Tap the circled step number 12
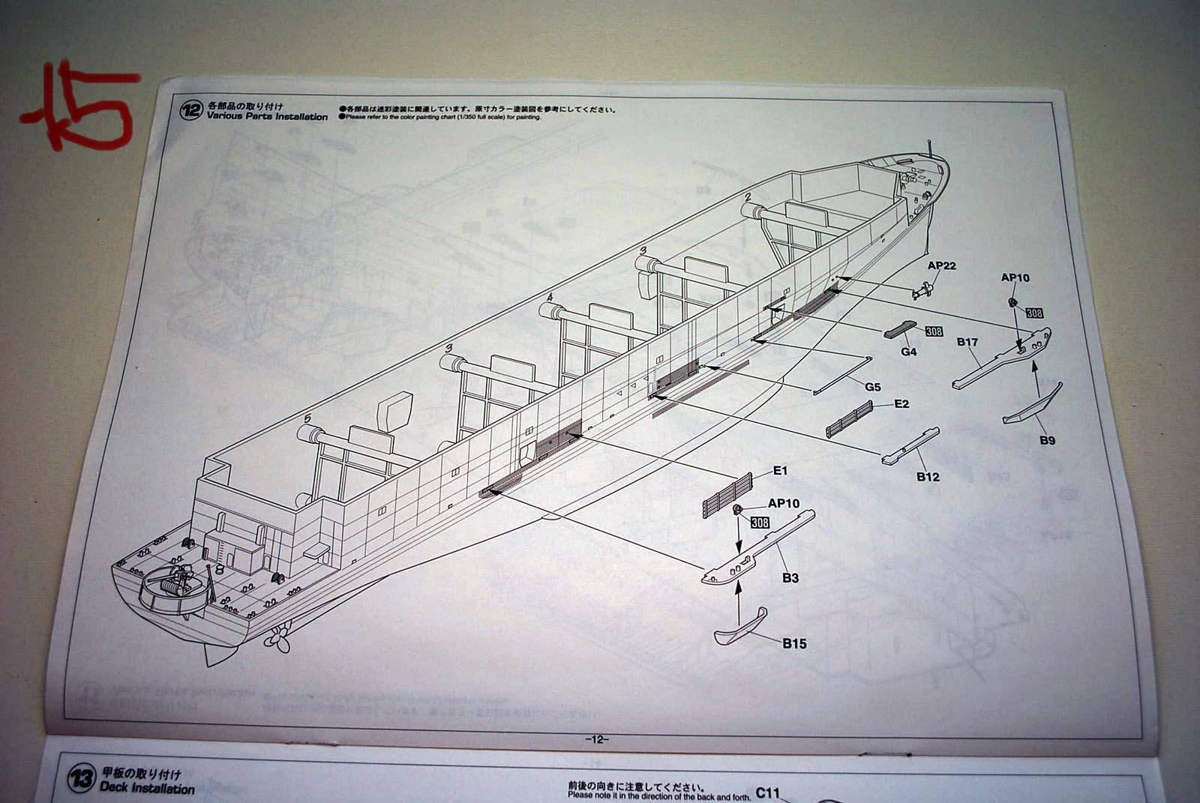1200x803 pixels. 191,111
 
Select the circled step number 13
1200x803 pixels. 81,780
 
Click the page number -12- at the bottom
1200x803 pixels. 597,739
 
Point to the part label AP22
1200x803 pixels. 941,266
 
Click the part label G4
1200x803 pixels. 908,351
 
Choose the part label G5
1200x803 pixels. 872,387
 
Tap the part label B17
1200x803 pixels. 967,342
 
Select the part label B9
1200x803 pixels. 1047,440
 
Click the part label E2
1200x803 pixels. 901,404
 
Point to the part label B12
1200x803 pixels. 928,477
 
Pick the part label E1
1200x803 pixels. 780,471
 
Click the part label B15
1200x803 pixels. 794,643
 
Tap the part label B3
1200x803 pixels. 790,577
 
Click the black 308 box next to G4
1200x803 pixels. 934,331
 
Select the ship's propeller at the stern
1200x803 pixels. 277,639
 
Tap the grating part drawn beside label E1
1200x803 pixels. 727,497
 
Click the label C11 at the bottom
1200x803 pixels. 768,793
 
